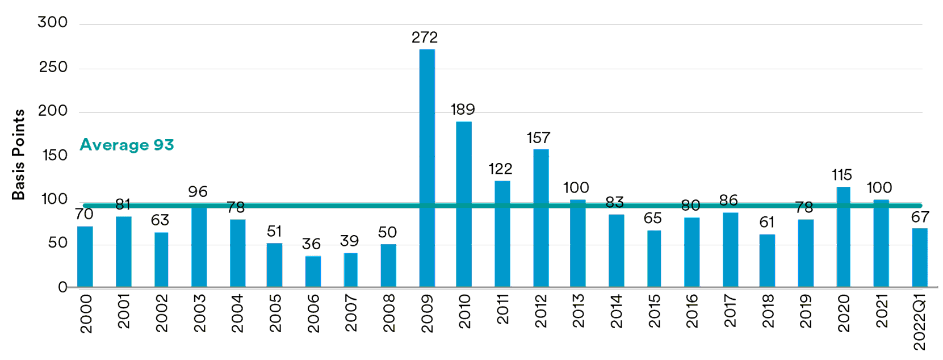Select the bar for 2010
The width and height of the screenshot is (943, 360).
coord(464,204)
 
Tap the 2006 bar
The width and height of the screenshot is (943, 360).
coord(313,271)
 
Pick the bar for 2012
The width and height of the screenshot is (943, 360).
coord(541,218)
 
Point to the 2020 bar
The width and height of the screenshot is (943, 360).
coord(843,237)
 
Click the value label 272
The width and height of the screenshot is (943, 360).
coord(425,37)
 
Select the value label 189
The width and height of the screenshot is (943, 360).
coord(463,109)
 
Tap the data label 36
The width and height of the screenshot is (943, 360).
coord(311,244)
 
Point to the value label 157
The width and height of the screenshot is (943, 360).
coord(538,138)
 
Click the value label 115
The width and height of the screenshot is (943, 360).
coord(842,175)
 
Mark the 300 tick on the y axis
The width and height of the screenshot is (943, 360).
coord(53,22)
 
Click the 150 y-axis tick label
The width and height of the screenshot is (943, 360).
coord(55,155)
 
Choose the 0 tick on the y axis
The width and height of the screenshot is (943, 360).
coord(62,287)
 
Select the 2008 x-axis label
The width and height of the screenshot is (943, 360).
coord(389,313)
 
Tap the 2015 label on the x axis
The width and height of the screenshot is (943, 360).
coord(655,311)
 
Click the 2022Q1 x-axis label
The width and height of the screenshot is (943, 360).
coord(920,322)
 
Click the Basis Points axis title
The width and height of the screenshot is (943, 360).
coord(19,154)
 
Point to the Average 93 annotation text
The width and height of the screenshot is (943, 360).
coord(127,145)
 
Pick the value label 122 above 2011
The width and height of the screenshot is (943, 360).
coord(500,169)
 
